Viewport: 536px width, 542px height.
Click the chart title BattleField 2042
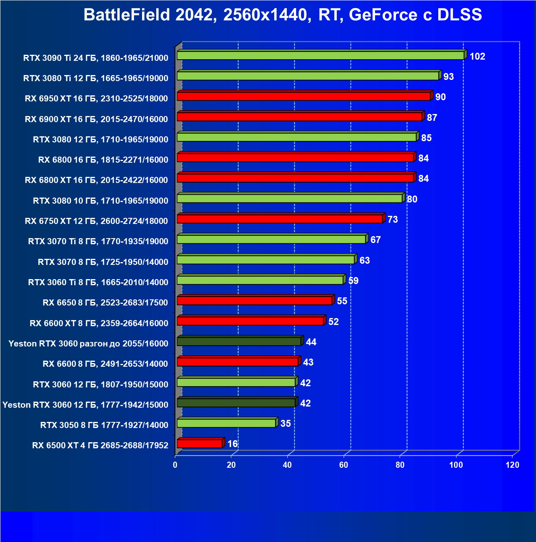282,15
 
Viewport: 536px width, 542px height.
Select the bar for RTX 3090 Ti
321,56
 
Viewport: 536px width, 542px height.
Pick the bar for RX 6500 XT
200,444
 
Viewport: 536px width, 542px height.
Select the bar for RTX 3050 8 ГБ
226,423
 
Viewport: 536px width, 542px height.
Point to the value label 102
477,56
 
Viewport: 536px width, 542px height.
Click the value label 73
392,219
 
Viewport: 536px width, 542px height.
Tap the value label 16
232,444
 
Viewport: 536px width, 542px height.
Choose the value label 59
353,281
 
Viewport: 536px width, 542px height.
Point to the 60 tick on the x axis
344,465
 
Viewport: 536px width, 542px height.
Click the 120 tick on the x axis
512,465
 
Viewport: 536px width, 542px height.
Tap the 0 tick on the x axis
175,465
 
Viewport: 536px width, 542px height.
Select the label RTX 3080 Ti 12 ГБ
96,78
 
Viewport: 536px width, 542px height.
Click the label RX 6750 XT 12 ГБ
96,221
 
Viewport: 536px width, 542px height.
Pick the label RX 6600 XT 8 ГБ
99,323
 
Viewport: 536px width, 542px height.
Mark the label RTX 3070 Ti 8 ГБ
98,241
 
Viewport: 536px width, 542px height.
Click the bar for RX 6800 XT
295,178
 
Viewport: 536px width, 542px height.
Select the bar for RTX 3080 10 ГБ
290,198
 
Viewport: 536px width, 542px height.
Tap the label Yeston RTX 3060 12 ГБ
85,405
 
